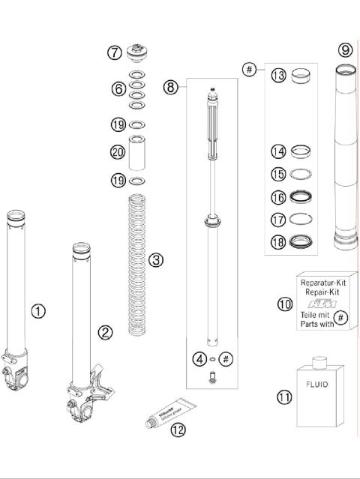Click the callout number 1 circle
[x=38, y=310]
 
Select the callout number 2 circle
[x=106, y=332]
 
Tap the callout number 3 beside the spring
[x=155, y=260]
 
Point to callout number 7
[x=114, y=52]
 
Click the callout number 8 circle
[x=171, y=87]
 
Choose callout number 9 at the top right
[x=344, y=50]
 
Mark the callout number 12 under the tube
[x=177, y=430]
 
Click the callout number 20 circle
[x=117, y=152]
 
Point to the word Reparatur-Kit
[x=322, y=283]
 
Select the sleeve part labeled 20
[x=136, y=153]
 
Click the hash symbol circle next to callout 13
[x=249, y=70]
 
